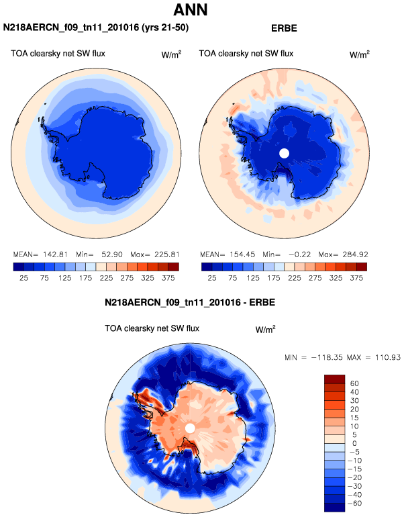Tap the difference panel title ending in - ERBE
pos(190,303)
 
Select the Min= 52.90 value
pos(99,255)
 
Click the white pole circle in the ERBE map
pos(284,153)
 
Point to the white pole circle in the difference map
pos(190,428)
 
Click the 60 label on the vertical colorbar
pos(354,382)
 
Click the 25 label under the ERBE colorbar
pos(211,277)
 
